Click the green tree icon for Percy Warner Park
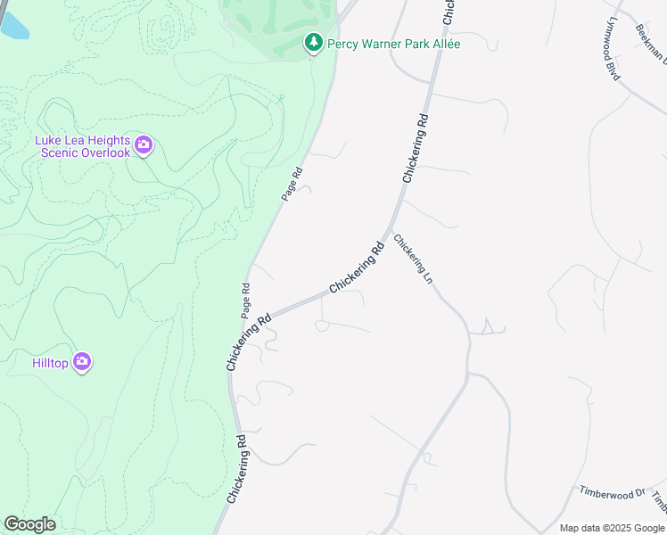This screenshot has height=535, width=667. (x=313, y=42)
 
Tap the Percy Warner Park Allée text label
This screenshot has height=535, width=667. (x=394, y=44)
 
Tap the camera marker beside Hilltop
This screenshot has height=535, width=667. (x=82, y=361)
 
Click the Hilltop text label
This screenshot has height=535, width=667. (x=50, y=363)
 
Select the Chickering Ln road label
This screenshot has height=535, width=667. (x=414, y=259)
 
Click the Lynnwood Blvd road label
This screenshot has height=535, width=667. (x=613, y=50)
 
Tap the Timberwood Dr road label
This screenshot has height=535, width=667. (x=612, y=492)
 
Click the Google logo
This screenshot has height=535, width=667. (x=29, y=524)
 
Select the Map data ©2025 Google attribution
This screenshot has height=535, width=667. (x=611, y=528)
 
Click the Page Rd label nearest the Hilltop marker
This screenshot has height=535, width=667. (x=245, y=300)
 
